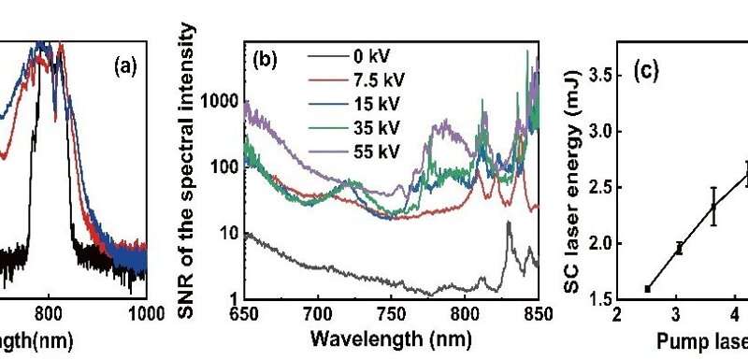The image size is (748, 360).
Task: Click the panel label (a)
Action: click(x=126, y=66)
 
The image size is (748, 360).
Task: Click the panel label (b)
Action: click(x=265, y=66)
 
